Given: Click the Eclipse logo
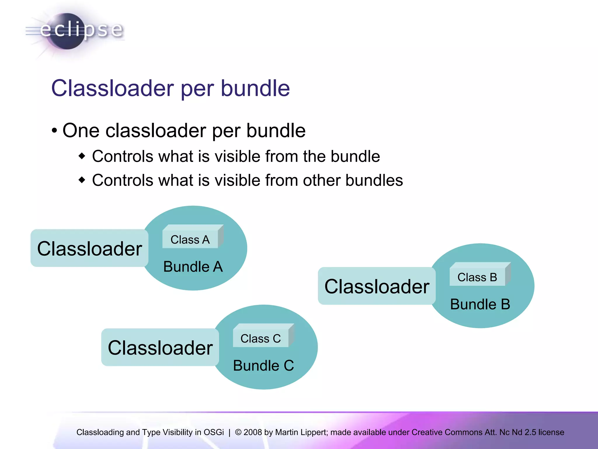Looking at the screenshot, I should pos(74,31).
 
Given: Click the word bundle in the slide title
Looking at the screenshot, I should pos(255,88).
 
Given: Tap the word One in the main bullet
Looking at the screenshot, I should pos(81,130).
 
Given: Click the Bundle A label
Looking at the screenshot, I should pos(193,267).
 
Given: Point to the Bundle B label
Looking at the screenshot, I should pos(480,304).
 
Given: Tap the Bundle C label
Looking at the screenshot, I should pos(263,366).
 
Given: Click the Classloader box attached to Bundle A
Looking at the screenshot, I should pos(89,248).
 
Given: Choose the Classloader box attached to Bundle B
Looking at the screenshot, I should pos(377,286).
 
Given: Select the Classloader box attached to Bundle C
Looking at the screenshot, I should pos(160,347).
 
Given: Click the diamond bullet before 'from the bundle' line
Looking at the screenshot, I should pos(82,156).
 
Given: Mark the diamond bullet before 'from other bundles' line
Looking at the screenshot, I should pos(82,180).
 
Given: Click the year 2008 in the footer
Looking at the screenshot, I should pos(253,432).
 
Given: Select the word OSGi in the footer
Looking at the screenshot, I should pos(214,432).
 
